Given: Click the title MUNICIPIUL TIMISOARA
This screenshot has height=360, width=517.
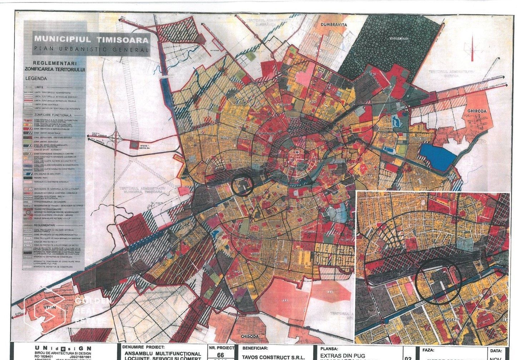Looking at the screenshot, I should pyautogui.click(x=91, y=39).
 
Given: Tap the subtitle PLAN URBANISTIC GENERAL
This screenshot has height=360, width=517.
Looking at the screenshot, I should pyautogui.click(x=91, y=49).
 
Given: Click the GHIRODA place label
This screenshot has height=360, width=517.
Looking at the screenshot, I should pyautogui.click(x=477, y=111).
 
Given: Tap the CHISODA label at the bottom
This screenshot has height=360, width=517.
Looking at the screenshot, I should pyautogui.click(x=250, y=336).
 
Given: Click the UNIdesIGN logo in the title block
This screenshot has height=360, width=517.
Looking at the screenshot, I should pyautogui.click(x=63, y=348).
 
